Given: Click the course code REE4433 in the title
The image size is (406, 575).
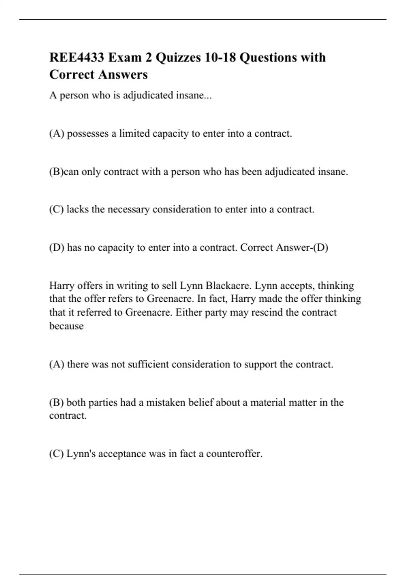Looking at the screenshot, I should click(76, 57).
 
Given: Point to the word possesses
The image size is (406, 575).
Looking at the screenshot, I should click(88, 134).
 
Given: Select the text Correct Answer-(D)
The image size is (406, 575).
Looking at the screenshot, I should click(284, 248).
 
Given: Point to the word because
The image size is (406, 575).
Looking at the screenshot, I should click(66, 326).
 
